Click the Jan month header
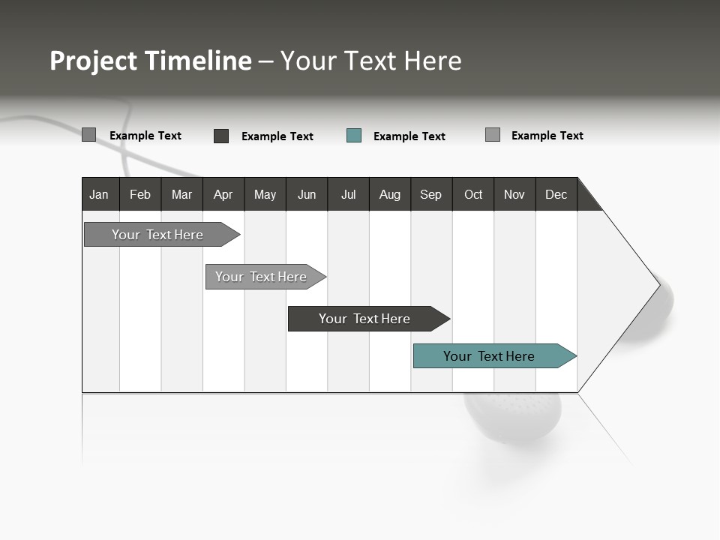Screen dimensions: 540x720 click(100, 194)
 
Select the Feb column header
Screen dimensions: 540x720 click(140, 194)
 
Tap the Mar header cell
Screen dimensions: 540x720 click(181, 194)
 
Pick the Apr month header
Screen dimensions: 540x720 click(223, 194)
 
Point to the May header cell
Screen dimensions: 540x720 click(265, 194)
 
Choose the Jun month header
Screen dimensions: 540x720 click(307, 194)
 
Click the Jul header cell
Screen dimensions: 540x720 click(348, 194)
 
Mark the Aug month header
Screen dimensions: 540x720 click(390, 194)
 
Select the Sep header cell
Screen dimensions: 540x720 click(431, 194)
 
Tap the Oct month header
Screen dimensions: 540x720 click(473, 194)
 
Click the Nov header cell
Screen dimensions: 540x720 click(514, 194)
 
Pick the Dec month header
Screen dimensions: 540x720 click(556, 194)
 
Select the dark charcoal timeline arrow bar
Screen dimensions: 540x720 click(365, 319)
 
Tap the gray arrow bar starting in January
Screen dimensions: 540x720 click(158, 235)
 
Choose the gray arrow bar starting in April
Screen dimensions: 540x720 click(262, 277)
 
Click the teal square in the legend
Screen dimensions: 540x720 click(354, 136)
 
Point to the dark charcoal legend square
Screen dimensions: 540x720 click(221, 136)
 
